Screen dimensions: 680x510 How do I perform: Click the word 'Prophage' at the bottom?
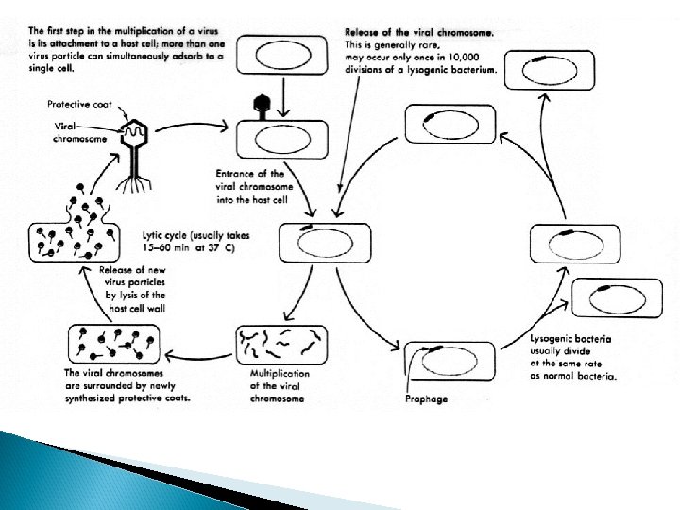point(426,399)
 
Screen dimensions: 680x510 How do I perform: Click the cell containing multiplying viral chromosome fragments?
point(282,345)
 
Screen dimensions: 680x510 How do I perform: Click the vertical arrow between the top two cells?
point(284,98)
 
